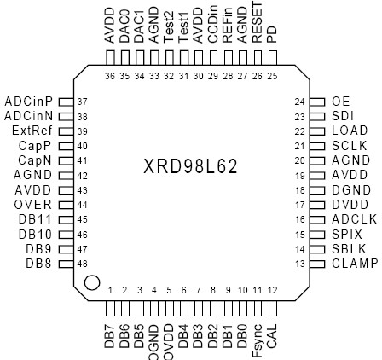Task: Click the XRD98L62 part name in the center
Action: pyautogui.click(x=191, y=165)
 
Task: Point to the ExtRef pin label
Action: pyautogui.click(x=34, y=131)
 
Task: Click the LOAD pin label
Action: pyautogui.click(x=349, y=131)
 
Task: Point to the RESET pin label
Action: pyautogui.click(x=258, y=23)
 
